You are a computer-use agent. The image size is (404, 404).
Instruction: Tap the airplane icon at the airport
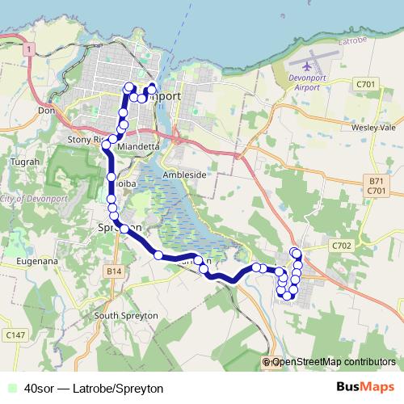tap(309, 63)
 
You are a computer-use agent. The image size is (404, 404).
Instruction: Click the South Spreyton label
tap(123, 315)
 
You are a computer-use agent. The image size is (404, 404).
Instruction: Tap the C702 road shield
tap(342, 245)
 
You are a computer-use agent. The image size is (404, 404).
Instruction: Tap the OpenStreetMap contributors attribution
tap(333, 363)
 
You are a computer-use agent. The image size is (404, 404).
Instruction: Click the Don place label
tap(45, 111)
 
